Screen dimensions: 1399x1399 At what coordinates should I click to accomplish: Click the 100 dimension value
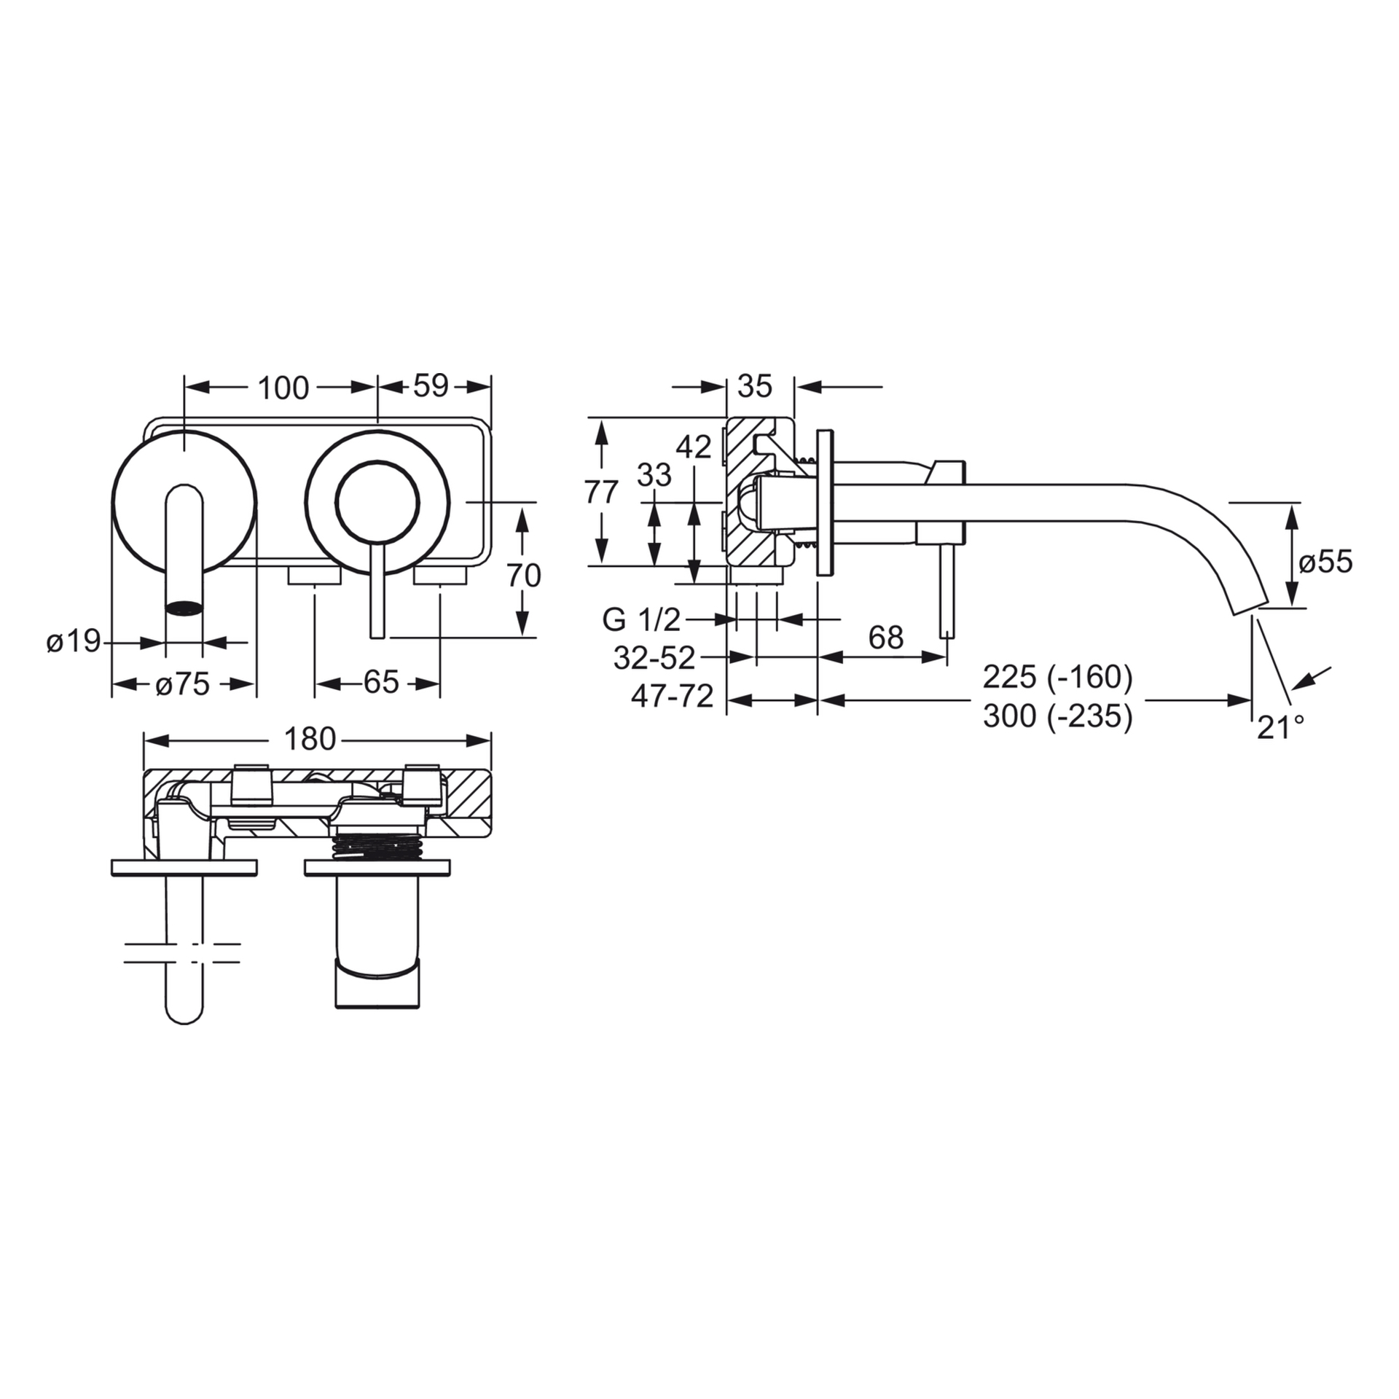click(x=283, y=388)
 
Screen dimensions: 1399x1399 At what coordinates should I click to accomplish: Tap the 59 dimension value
click(x=431, y=386)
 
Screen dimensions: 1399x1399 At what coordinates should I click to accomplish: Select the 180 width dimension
click(x=310, y=740)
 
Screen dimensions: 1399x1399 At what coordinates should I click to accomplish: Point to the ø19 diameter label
click(x=74, y=642)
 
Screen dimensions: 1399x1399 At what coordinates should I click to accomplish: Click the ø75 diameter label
click(x=183, y=684)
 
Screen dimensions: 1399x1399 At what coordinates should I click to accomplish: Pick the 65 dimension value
click(x=382, y=683)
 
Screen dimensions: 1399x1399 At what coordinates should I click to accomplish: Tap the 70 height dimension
click(x=524, y=576)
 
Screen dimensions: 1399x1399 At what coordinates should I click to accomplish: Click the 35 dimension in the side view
click(x=754, y=386)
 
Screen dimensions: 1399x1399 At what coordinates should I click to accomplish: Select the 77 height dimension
click(x=602, y=493)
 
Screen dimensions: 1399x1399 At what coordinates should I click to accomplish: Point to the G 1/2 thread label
click(x=641, y=620)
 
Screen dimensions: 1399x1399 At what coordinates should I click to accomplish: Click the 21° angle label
click(x=1280, y=727)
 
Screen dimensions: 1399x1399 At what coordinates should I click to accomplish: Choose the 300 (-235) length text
click(x=1058, y=717)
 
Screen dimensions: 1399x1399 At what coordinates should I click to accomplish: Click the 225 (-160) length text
click(x=1058, y=678)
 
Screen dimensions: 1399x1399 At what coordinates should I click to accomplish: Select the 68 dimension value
click(x=886, y=638)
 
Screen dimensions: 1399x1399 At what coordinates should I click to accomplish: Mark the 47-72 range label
click(x=673, y=697)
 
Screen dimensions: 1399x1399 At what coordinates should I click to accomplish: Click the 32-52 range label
click(x=654, y=659)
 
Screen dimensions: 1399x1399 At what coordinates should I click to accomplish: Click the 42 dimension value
click(x=694, y=447)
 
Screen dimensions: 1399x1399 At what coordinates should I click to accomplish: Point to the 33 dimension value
click(x=654, y=476)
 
